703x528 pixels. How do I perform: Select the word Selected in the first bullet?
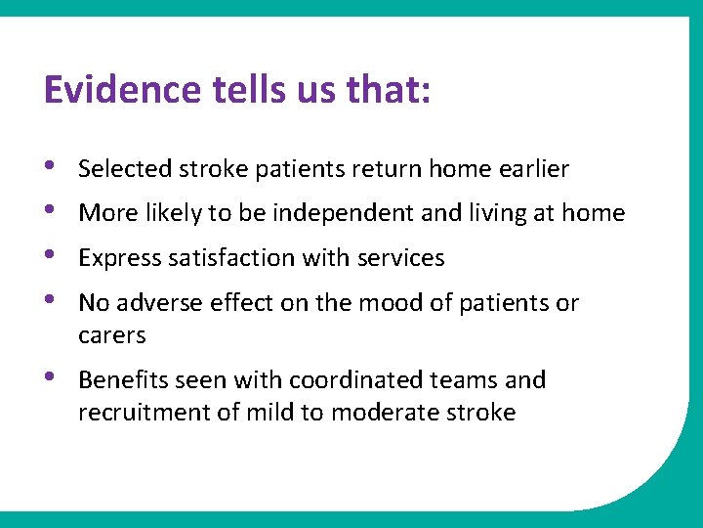[125, 169]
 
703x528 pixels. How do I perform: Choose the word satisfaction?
[237, 258]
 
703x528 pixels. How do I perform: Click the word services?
[400, 258]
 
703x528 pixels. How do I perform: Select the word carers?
[111, 335]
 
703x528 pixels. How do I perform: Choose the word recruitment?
[139, 412]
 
